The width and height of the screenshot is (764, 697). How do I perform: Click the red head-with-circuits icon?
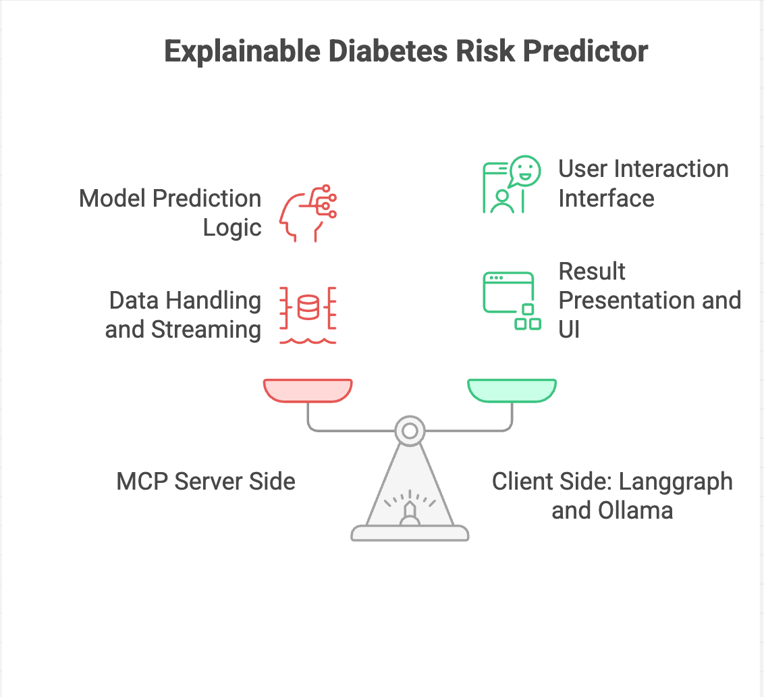308,213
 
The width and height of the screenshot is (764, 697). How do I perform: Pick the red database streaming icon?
308,315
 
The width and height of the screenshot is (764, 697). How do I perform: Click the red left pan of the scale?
308,390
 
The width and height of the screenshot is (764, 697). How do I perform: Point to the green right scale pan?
512,390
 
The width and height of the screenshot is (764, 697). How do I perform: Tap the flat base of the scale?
410,534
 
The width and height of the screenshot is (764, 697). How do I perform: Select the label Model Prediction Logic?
170,213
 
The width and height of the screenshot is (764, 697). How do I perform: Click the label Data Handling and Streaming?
184,315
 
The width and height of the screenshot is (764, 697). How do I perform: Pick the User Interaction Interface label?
643,183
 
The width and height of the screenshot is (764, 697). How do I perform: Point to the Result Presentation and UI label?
649,300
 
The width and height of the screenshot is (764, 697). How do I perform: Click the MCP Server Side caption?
206,482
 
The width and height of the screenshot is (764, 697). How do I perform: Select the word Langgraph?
676,482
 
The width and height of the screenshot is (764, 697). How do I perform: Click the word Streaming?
206,330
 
